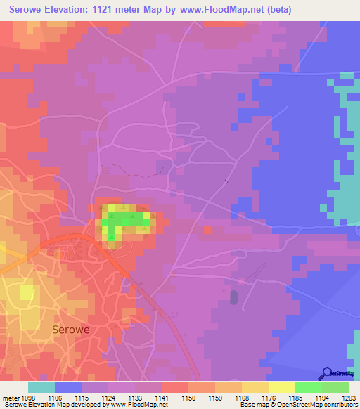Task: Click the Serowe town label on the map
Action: tap(72, 328)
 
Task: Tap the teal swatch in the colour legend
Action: tap(41, 387)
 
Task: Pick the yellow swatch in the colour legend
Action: tap(282, 387)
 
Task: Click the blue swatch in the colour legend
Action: tap(68, 387)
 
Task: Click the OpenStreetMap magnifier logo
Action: tap(326, 373)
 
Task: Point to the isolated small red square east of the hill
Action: tap(207, 230)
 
